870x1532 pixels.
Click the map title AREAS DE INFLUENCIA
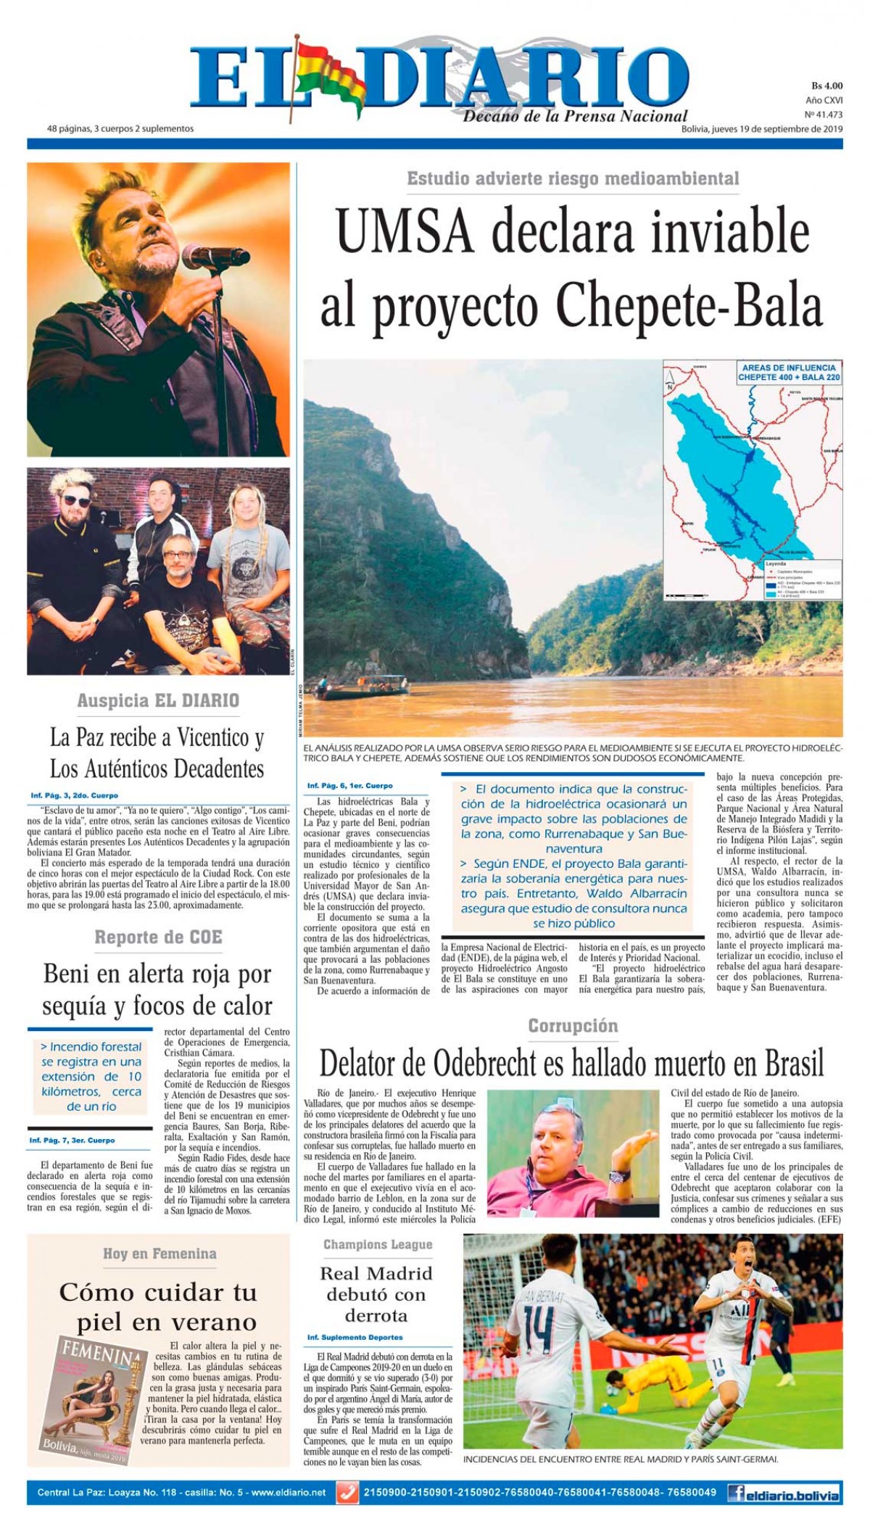tap(787, 368)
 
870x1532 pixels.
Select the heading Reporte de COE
tap(158, 937)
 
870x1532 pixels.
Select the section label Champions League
tap(377, 1245)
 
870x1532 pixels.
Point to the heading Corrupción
tap(573, 1026)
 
